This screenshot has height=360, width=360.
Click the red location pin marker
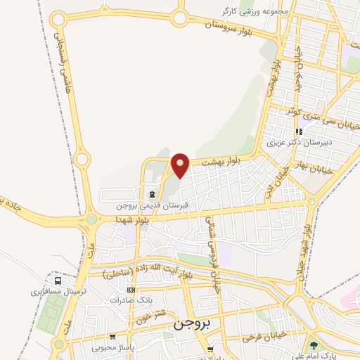[181, 165]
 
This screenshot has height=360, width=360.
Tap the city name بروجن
[191, 327]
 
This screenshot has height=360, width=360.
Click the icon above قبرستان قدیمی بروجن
[152, 193]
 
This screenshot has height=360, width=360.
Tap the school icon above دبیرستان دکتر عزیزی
[300, 131]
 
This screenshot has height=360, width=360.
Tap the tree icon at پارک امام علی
[313, 345]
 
